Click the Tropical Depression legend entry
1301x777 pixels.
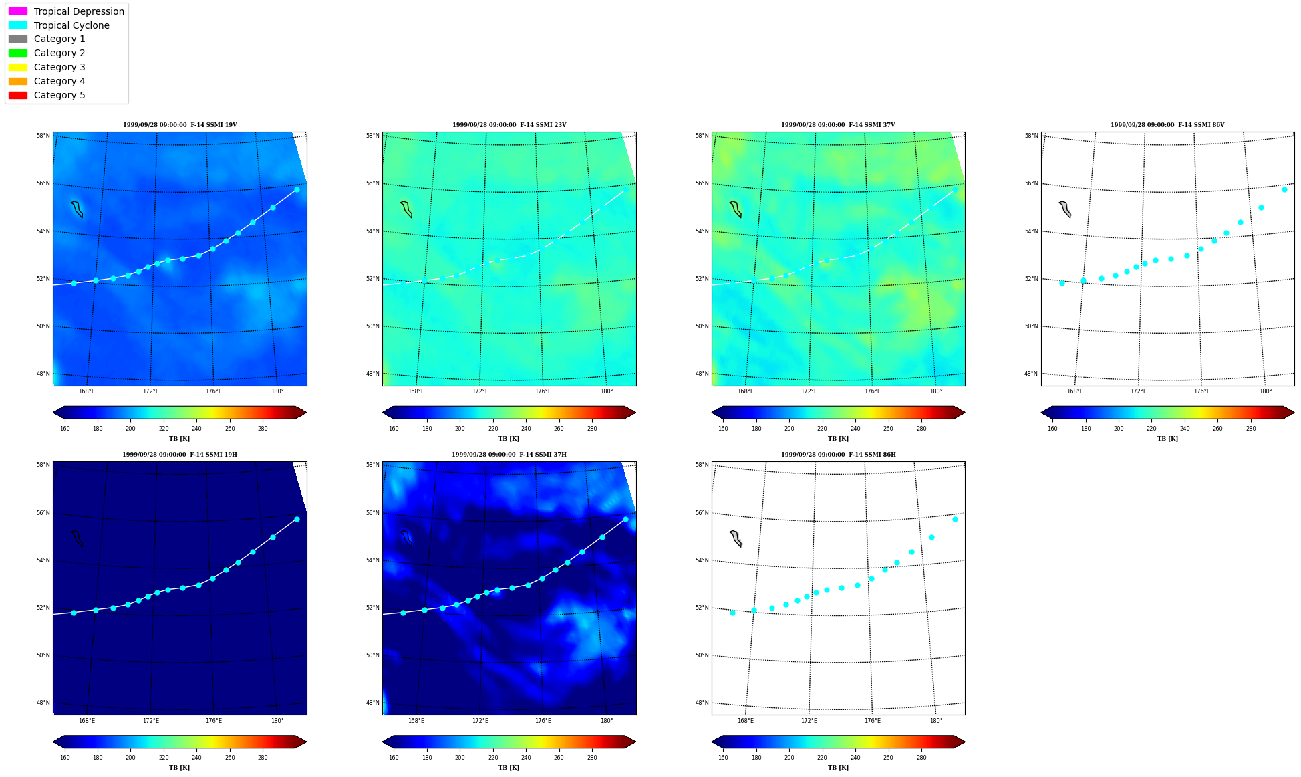pyautogui.click(x=66, y=11)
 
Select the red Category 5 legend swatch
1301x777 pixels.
pyautogui.click(x=18, y=95)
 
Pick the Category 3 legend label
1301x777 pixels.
pyautogui.click(x=59, y=67)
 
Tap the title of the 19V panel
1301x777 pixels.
pyautogui.click(x=180, y=125)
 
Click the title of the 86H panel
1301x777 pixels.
pyautogui.click(x=839, y=455)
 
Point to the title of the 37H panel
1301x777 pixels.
pyautogui.click(x=509, y=455)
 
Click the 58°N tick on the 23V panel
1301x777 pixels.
pyautogui.click(x=372, y=136)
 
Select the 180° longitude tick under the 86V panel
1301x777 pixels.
pyautogui.click(x=1266, y=391)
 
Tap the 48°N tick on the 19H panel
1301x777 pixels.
pyautogui.click(x=43, y=703)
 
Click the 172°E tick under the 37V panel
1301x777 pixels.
pyautogui.click(x=809, y=391)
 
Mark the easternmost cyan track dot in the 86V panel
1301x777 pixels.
pyautogui.click(x=1284, y=189)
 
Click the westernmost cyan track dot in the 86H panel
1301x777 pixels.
pyautogui.click(x=732, y=613)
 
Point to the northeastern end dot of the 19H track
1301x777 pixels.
pyautogui.click(x=297, y=519)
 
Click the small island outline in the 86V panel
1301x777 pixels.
pyautogui.click(x=1065, y=209)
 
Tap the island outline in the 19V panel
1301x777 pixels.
pyautogui.click(x=77, y=209)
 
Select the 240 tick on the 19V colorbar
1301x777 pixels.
pyautogui.click(x=196, y=429)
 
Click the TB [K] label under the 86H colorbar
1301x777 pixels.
pyautogui.click(x=838, y=768)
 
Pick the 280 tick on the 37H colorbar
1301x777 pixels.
pyautogui.click(x=592, y=758)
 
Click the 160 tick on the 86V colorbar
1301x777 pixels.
pyautogui.click(x=1052, y=429)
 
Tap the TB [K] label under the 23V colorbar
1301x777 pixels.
pyautogui.click(x=509, y=439)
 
